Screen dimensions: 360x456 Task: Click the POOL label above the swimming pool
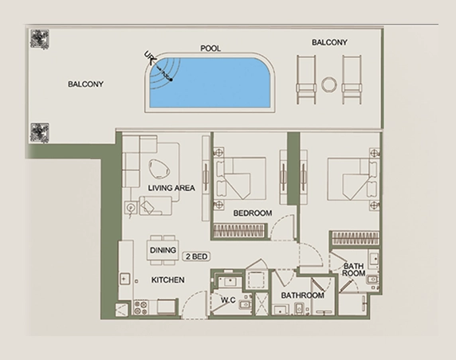[x=210, y=49]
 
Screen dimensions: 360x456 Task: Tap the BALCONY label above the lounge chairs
[x=329, y=41]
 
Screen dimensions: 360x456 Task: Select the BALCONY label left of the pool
[x=85, y=84]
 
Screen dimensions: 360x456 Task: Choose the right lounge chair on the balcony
[x=352, y=80]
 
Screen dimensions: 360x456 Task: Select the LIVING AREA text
[x=171, y=188]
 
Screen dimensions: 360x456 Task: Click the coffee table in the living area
[x=159, y=168]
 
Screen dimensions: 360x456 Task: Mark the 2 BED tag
[x=196, y=256]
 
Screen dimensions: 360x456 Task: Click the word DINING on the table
[x=163, y=250]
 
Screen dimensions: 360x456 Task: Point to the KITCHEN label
[x=168, y=280]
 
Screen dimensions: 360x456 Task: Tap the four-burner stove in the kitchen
[x=141, y=306]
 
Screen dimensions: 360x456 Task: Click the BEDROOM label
[x=253, y=213]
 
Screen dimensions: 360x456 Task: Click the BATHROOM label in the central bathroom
[x=302, y=295]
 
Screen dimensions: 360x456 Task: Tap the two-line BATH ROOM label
[x=354, y=269]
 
